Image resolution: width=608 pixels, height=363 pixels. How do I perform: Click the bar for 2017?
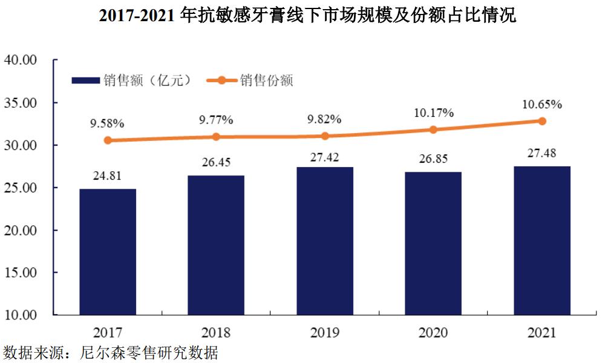(x=108, y=252)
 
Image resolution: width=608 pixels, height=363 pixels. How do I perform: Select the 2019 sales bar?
(x=325, y=241)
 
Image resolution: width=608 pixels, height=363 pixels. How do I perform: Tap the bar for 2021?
(x=542, y=241)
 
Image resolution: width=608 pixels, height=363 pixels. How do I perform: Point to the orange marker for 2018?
(x=217, y=137)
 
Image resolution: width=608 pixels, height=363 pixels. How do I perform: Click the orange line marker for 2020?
(x=433, y=129)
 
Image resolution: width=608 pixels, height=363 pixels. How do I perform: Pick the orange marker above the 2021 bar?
(x=542, y=121)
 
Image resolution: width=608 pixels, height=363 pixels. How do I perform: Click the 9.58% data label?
(x=107, y=123)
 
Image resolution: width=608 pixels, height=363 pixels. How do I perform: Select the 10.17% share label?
(x=433, y=113)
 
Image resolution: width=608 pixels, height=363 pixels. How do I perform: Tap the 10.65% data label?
(x=542, y=104)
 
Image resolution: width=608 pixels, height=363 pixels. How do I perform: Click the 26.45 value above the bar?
(x=217, y=163)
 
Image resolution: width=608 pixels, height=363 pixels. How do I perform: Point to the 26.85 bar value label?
(x=433, y=159)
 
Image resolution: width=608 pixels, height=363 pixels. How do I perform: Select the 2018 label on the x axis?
(x=217, y=333)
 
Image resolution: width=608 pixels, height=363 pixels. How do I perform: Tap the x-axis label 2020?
(x=433, y=333)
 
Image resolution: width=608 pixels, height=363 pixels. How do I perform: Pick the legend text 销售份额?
(x=266, y=80)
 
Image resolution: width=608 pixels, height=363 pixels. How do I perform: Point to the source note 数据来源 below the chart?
(x=110, y=353)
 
